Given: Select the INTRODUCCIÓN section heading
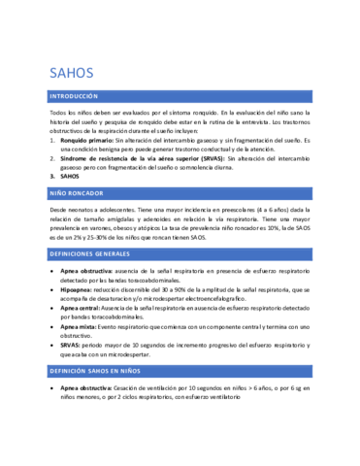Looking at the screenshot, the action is click(74, 97).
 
